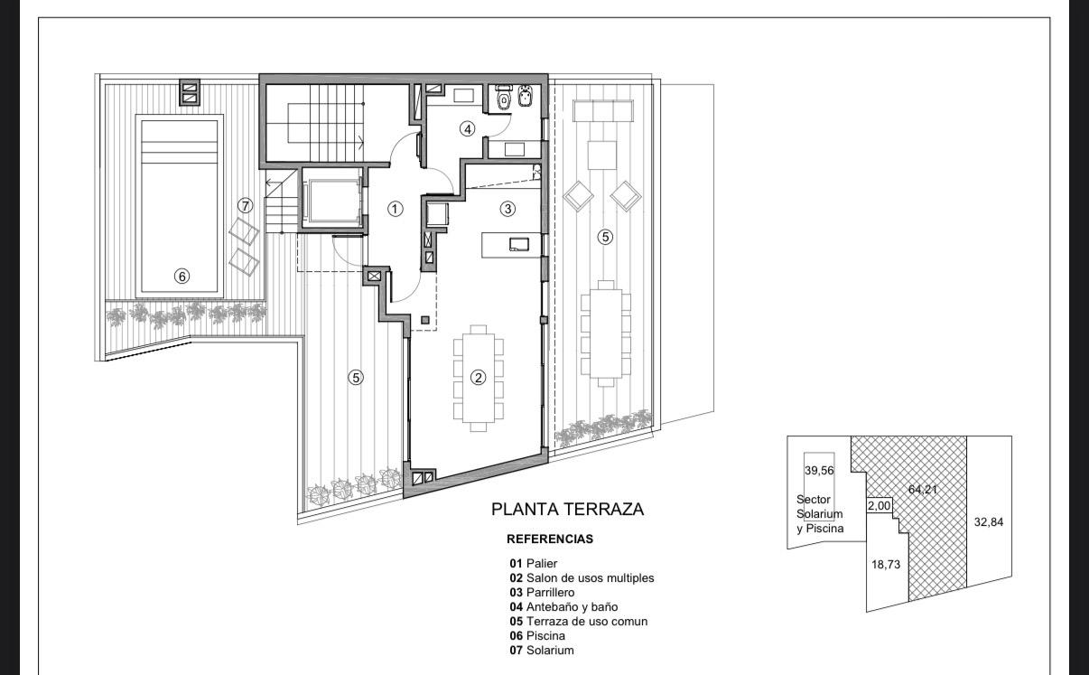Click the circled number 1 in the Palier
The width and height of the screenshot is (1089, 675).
pos(395,209)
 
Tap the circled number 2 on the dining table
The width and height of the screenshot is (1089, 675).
pos(479,377)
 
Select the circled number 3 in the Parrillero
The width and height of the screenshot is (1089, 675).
pos(507,209)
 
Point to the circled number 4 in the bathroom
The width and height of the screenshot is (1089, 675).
pos(467,129)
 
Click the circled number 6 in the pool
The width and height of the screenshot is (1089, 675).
pos(181,277)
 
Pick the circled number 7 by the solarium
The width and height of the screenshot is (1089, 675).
pos(246,206)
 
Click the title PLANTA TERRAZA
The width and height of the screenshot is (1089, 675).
pos(567,509)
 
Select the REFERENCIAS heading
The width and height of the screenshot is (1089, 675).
pos(550,539)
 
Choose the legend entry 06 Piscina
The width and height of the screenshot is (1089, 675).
pos(537,635)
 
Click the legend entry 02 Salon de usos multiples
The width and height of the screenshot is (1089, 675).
pos(582,577)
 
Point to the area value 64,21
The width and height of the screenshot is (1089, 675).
pos(923,489)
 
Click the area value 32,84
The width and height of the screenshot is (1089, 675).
pos(989,522)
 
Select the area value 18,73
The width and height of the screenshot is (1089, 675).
pos(886,565)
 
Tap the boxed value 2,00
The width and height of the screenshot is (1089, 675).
pos(880,506)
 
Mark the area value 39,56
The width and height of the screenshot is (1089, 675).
pos(819,471)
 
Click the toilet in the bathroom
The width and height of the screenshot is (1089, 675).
pos(503,98)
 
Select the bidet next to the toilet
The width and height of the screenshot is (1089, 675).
pos(525,97)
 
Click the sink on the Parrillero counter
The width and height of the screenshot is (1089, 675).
pos(519,244)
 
